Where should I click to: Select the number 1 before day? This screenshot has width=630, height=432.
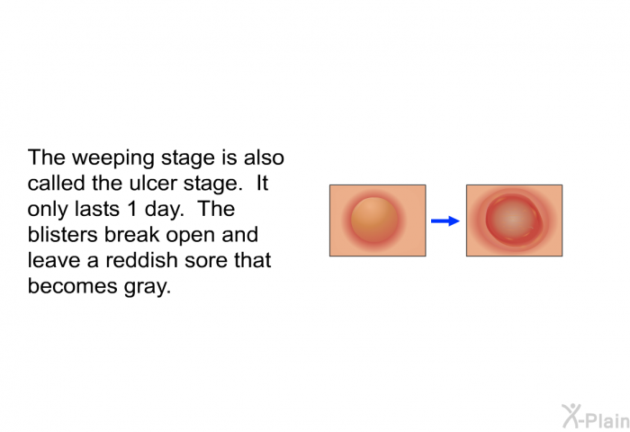[x=132, y=209]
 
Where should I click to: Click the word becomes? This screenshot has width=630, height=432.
[x=73, y=286]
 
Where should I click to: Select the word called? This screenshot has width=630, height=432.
[x=56, y=184]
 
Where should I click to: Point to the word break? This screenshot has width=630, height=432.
[x=132, y=235]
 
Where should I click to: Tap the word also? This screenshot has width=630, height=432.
[x=264, y=157]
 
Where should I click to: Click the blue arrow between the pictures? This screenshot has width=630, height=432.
[x=445, y=221]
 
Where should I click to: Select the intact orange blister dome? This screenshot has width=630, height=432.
[x=374, y=220]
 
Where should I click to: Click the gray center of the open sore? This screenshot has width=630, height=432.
[x=514, y=219]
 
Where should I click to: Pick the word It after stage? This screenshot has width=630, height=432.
[x=262, y=184]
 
